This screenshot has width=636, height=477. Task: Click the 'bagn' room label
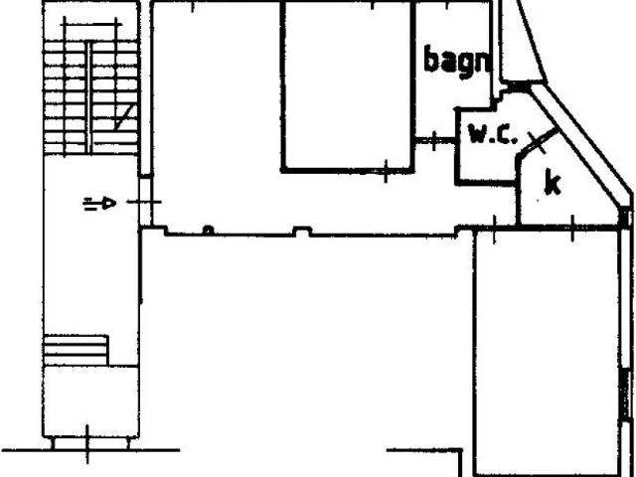457,62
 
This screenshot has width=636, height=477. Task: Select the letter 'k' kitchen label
553,182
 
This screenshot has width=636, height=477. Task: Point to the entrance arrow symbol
99,203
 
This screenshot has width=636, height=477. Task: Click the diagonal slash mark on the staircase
125,115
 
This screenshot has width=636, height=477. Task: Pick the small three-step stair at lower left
76,350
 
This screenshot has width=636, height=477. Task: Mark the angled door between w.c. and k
539,141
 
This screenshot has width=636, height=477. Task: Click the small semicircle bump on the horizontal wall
208,231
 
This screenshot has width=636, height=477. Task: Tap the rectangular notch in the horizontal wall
302,232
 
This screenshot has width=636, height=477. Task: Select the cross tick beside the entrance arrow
144,202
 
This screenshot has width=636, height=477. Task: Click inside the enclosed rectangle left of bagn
348,86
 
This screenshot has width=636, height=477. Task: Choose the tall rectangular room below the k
549,352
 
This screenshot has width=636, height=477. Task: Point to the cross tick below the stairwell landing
87,445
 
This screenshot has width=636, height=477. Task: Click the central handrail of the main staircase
88,96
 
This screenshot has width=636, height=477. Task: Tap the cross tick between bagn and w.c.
434,141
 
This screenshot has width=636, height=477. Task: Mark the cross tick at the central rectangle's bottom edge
386,171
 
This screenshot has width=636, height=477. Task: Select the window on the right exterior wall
627,394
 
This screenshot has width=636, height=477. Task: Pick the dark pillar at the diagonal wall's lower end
625,217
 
